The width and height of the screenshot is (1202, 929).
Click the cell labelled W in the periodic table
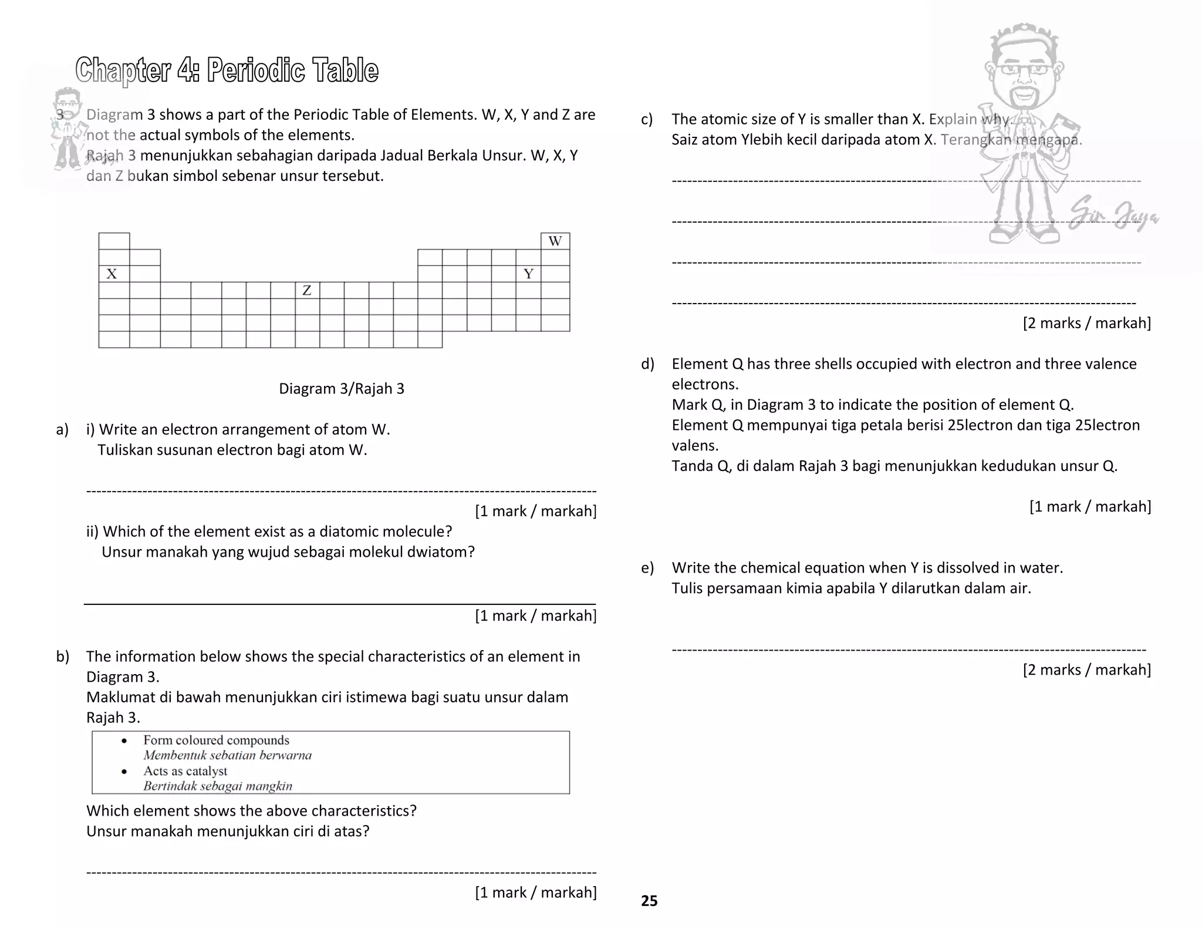(x=555, y=241)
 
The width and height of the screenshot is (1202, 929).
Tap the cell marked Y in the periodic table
(x=528, y=274)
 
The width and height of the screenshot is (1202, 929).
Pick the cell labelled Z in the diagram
(x=307, y=290)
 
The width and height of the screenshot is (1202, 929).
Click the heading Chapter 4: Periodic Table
(x=227, y=70)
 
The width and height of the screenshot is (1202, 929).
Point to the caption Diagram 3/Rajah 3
(x=341, y=389)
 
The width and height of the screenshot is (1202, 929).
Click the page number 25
(x=649, y=901)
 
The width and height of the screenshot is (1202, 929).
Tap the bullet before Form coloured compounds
(x=124, y=741)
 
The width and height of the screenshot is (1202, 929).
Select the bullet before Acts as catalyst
(x=124, y=772)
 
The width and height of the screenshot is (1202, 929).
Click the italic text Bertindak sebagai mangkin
(x=217, y=786)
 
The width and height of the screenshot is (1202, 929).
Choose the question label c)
(x=647, y=120)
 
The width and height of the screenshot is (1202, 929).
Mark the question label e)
(x=647, y=568)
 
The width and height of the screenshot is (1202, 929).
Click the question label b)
(x=63, y=657)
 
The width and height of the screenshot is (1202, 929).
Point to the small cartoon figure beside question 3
(x=67, y=126)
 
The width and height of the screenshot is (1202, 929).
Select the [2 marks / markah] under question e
(x=1086, y=670)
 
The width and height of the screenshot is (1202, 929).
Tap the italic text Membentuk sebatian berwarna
(x=227, y=756)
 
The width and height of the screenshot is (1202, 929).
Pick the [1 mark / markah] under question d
(x=1090, y=507)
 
